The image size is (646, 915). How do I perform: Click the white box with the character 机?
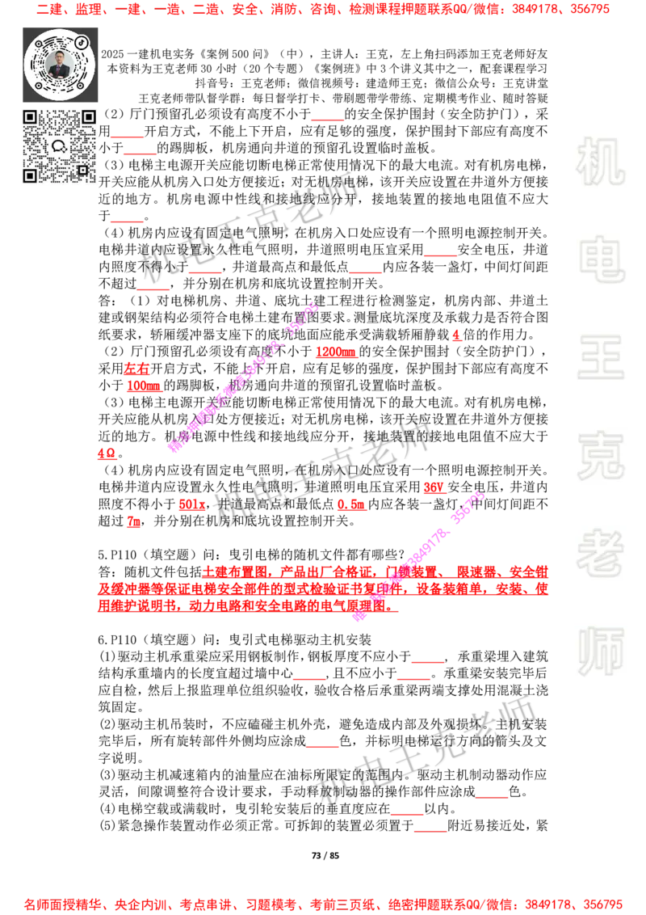click(x=600, y=162)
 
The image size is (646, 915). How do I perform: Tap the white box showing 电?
click(x=603, y=259)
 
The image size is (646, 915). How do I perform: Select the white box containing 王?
click(x=600, y=358)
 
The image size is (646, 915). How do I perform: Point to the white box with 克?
click(x=600, y=456)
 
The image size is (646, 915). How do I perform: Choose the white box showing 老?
click(x=600, y=553)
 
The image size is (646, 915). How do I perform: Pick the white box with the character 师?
click(x=600, y=652)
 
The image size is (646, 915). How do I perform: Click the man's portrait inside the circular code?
click(x=60, y=65)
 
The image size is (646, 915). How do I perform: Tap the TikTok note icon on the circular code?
click(x=82, y=41)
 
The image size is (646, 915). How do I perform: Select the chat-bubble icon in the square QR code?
click(x=59, y=146)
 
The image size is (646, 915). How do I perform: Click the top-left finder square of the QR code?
click(x=30, y=117)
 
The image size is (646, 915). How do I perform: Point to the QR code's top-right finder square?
click(x=89, y=117)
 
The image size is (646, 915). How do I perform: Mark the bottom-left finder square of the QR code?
click(x=30, y=175)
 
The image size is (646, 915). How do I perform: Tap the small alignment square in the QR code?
click(x=82, y=170)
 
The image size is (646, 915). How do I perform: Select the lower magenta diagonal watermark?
click(x=418, y=555)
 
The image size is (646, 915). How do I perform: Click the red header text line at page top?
click(x=323, y=11)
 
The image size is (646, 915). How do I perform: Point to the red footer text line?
click(x=323, y=904)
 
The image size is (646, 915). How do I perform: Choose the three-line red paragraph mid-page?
click(x=323, y=588)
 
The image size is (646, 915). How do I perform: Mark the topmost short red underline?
click(x=327, y=120)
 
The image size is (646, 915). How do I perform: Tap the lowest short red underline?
click(x=430, y=831)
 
